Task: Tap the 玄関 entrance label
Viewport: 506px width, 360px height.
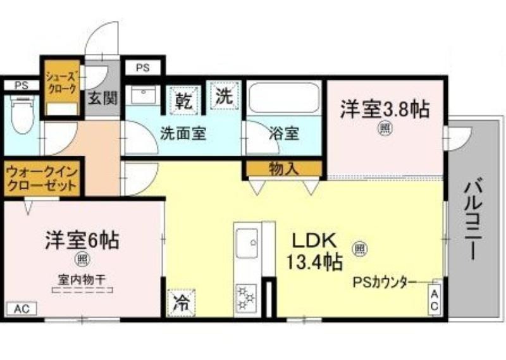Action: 103,97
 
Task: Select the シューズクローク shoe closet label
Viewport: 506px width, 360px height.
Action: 61,82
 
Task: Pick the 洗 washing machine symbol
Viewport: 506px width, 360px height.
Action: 225,96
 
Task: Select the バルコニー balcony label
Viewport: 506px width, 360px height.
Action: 474,220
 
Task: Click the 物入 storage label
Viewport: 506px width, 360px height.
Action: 284,169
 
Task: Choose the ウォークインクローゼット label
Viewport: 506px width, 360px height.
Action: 42,178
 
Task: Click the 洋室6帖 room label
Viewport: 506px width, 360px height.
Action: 82,240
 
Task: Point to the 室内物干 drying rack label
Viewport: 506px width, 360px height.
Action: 82,279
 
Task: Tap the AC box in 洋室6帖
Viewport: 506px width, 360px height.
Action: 22,309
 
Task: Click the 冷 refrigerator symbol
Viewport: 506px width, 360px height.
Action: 182,303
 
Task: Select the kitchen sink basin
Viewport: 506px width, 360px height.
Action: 247,243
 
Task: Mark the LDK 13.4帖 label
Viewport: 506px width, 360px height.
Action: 314,251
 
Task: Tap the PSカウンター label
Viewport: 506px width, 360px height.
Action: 384,283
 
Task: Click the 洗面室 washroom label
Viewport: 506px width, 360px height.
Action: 183,133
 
